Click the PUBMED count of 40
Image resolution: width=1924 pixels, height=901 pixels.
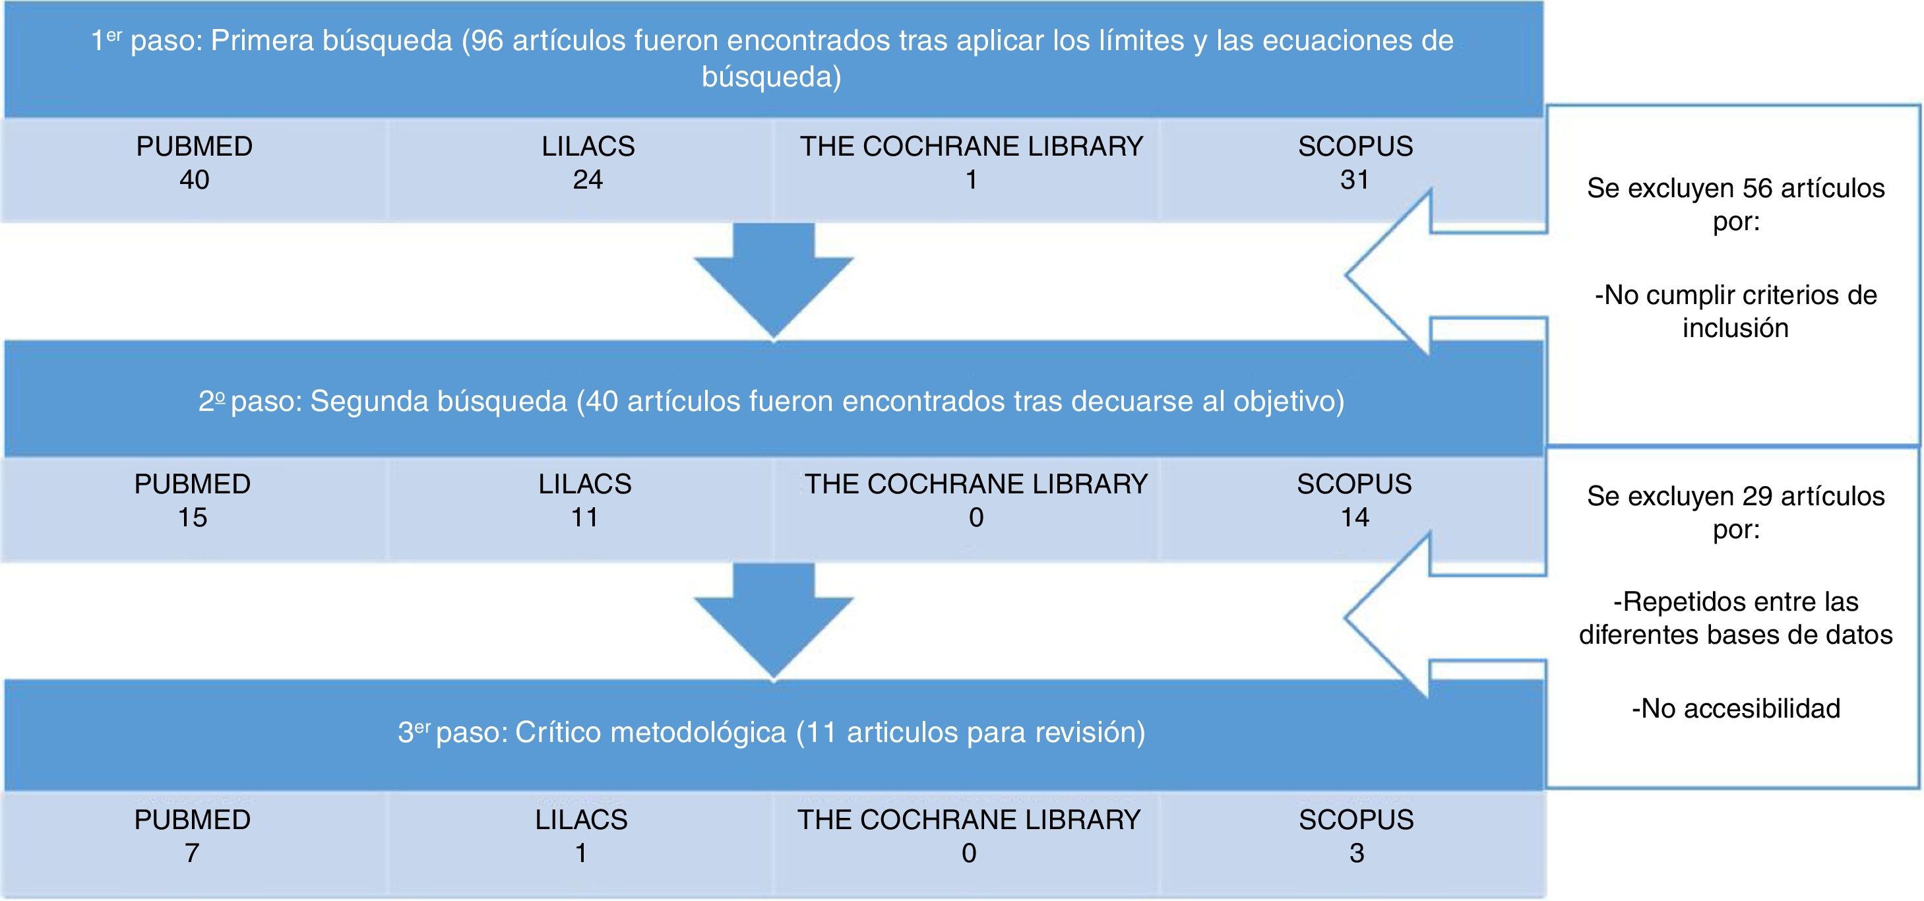194,180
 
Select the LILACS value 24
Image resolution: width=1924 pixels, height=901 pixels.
588,180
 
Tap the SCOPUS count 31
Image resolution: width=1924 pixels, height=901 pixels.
1355,180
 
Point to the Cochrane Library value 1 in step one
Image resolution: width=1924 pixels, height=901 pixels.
972,180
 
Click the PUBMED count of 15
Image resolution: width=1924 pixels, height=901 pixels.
192,518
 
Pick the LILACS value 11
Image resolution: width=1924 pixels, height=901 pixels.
585,518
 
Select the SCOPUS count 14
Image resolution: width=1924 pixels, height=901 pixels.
1355,518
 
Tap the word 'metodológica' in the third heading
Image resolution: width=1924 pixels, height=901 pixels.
698,733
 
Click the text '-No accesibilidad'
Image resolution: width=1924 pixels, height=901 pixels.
1736,708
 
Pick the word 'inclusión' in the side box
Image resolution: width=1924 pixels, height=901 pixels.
1736,328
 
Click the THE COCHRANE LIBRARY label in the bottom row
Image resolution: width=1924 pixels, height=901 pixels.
969,820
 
